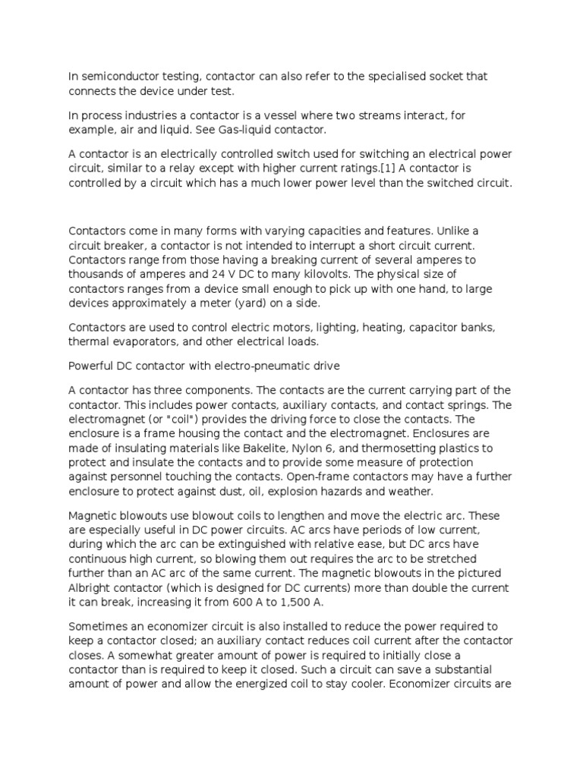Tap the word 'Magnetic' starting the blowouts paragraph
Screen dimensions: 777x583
coord(93,515)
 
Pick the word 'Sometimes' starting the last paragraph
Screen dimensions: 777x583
coord(97,626)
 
